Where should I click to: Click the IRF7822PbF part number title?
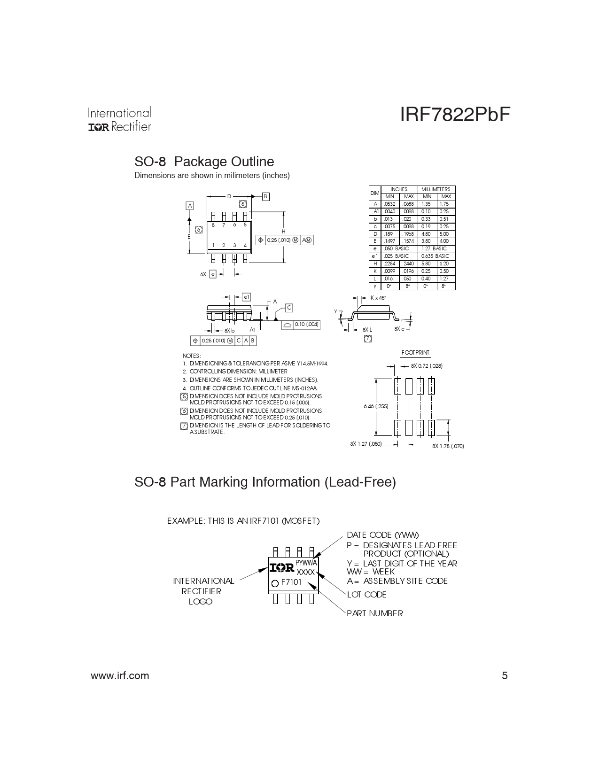coord(455,115)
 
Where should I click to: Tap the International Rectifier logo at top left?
coord(119,119)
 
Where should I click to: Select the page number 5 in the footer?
coord(505,675)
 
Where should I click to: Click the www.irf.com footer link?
coord(120,676)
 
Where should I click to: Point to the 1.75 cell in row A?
coord(444,204)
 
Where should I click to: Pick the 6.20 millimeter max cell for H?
coord(444,263)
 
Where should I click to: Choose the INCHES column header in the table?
coord(399,189)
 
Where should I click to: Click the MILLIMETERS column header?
coord(436,189)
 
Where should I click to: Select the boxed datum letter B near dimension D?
coord(265,196)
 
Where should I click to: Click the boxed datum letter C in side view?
coord(289,308)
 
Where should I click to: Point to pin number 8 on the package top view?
coord(213,225)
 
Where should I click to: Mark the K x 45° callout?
coord(378,298)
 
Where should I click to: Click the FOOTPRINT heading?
coord(415,353)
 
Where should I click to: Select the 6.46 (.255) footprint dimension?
coord(376,406)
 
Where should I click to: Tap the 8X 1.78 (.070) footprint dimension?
coord(448,446)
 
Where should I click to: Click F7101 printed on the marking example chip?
coord(291,582)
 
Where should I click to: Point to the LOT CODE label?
coord(367,595)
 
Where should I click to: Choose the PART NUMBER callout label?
coord(375,613)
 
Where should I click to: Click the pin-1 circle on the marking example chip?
coord(275,583)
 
